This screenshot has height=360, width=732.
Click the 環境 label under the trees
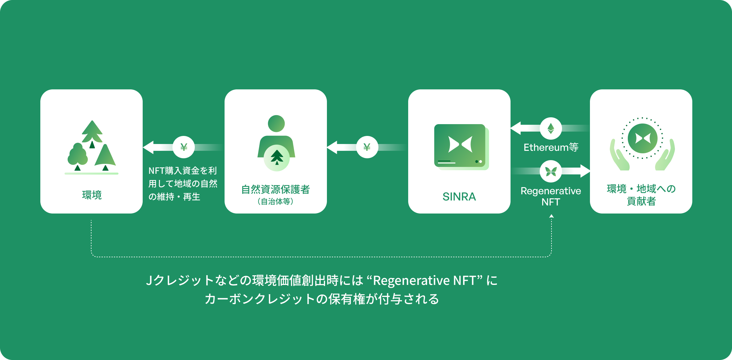pos(92,195)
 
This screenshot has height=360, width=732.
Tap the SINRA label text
pos(459,196)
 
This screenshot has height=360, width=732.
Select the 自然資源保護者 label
pos(275,189)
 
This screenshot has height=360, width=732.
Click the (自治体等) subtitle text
pos(275,201)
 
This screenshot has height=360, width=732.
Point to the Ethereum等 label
pos(551,147)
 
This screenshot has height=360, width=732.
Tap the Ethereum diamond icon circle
pos(551,128)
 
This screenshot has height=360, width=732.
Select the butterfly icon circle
pos(551,171)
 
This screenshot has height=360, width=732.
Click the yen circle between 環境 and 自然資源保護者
pos(184,147)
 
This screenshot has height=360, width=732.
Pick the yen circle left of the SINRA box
pos(367,147)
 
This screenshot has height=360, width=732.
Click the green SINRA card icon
pos(460,146)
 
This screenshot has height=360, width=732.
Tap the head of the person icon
pos(276,124)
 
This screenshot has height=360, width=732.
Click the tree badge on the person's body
pos(277,158)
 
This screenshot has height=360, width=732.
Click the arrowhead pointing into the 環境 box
pos(148,147)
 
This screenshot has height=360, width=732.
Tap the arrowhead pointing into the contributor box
pos(585,171)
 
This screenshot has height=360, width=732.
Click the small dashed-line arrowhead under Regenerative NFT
pos(551,216)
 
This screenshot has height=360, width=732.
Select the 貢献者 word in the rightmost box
pos(641,201)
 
